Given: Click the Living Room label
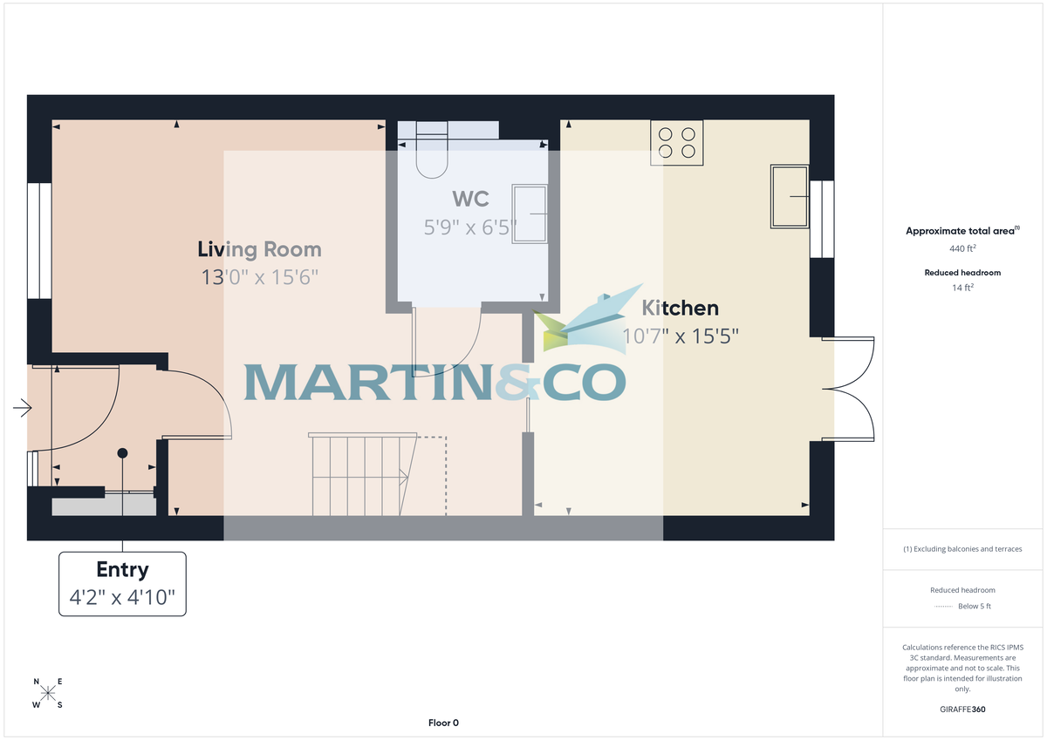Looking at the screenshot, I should (259, 250).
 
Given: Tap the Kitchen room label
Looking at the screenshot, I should (681, 308).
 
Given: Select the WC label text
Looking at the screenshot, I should (469, 199).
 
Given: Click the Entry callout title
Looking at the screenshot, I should (122, 570).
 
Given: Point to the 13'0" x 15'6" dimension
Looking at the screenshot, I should (259, 278).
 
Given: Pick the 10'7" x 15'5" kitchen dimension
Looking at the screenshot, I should (681, 336).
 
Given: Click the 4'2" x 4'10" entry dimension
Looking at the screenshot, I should (122, 598).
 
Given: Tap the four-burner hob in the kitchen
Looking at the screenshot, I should (677, 143).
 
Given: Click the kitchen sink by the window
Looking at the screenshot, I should (790, 197).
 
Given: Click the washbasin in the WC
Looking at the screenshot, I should (530, 213).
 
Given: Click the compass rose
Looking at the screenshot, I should (48, 693).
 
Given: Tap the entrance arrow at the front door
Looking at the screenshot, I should (23, 407).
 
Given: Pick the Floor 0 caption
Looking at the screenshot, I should (443, 723).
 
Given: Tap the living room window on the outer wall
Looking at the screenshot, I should (39, 241).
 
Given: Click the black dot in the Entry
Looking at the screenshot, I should (122, 453).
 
